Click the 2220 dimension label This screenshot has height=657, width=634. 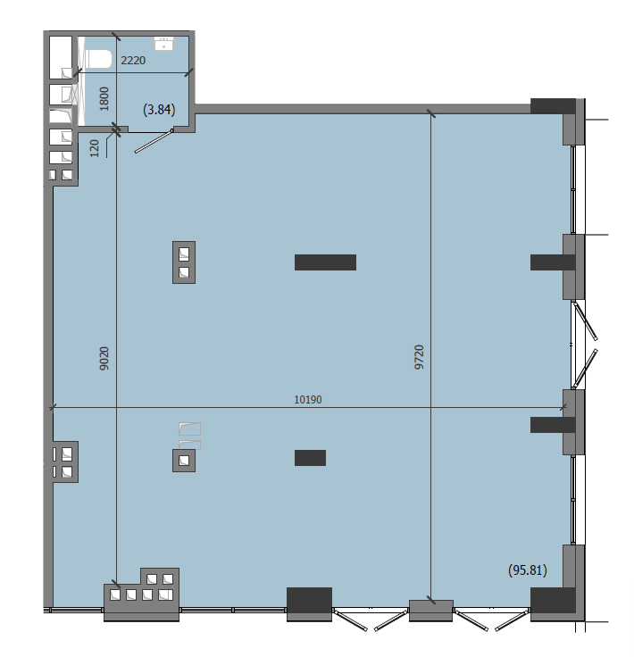(133, 61)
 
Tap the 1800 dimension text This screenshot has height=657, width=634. (104, 99)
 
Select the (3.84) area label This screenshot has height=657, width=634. (159, 110)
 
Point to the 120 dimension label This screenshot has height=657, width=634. (95, 148)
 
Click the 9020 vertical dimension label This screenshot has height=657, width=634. (104, 358)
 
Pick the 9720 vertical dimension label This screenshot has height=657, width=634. (419, 357)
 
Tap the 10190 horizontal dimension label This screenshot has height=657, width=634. (308, 399)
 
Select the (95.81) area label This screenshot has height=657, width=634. (528, 570)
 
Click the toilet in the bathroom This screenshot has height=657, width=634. (99, 59)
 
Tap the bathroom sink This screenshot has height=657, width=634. (163, 44)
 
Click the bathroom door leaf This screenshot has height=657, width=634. (154, 142)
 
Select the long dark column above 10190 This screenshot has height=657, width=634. (325, 262)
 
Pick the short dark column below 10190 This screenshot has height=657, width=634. (310, 458)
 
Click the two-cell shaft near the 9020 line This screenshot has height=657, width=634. (184, 262)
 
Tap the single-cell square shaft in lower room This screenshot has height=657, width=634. (184, 461)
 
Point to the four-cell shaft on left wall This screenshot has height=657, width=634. (65, 462)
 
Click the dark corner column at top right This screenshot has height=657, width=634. (553, 106)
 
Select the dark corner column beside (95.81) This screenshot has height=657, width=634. (553, 600)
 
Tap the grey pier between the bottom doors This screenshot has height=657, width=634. (431, 611)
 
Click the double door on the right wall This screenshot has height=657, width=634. (584, 345)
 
